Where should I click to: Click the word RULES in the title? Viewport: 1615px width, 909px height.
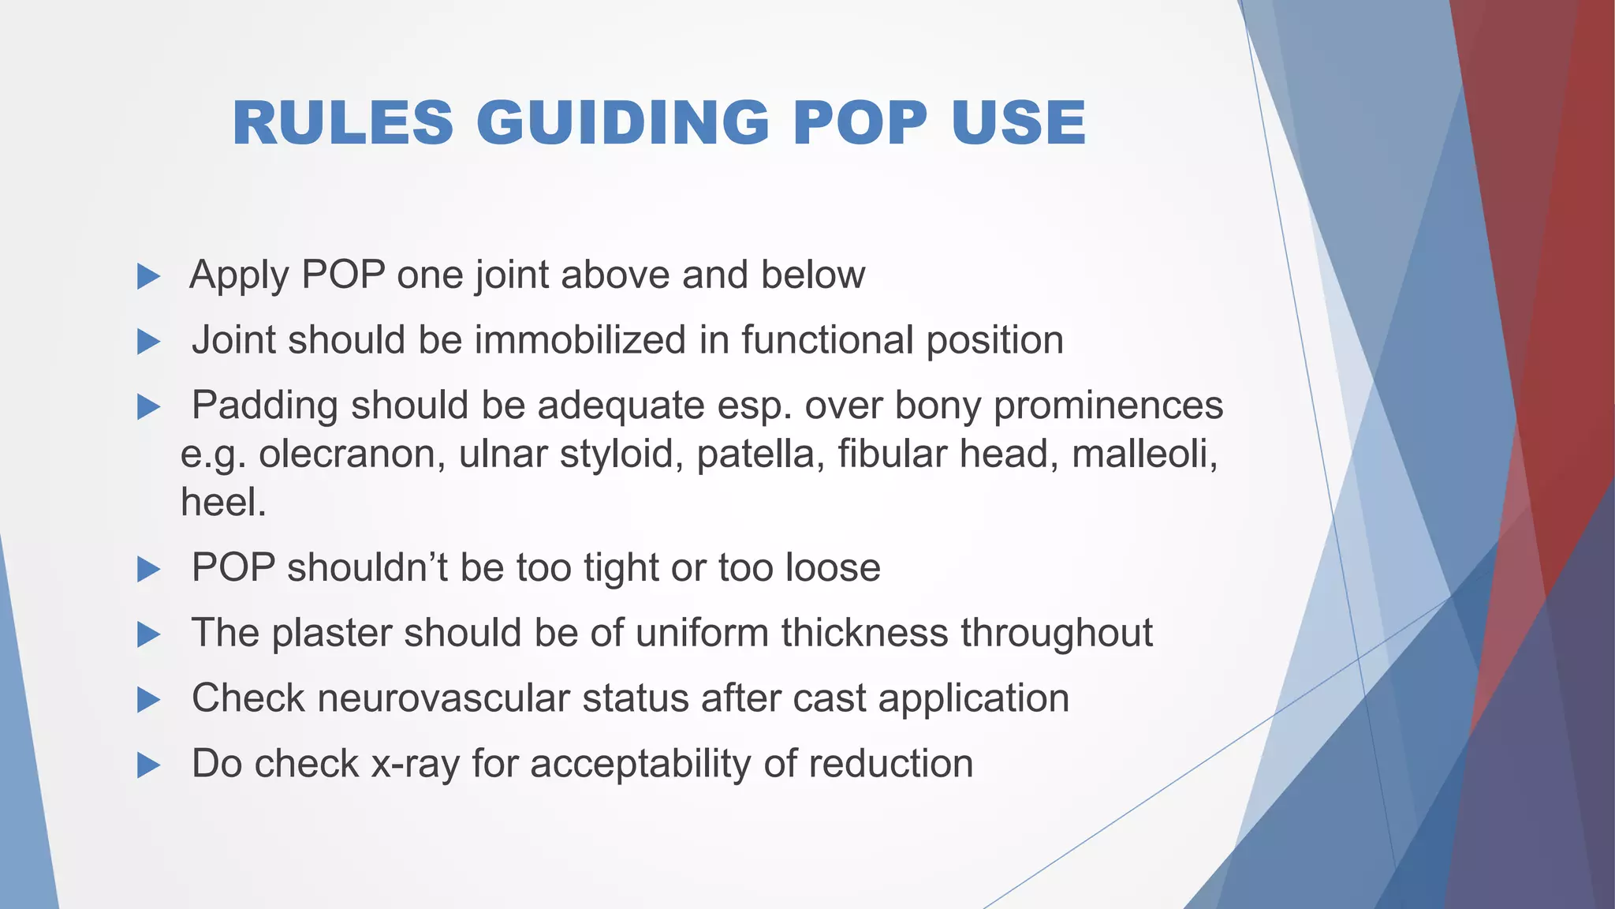pyautogui.click(x=343, y=123)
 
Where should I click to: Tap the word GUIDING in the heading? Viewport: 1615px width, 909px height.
pyautogui.click(x=623, y=123)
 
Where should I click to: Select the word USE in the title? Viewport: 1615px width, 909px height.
pyautogui.click(x=1018, y=123)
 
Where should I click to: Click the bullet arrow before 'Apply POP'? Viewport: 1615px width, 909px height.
pyautogui.click(x=148, y=276)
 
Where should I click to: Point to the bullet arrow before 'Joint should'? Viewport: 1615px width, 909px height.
pyautogui.click(x=148, y=342)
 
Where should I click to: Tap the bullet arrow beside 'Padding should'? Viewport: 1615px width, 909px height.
pyautogui.click(x=148, y=407)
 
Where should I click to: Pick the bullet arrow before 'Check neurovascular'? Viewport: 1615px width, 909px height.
pyautogui.click(x=148, y=699)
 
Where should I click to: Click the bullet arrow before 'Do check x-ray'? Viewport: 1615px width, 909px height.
pyautogui.click(x=148, y=765)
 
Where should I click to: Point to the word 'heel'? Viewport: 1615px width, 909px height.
pyautogui.click(x=219, y=503)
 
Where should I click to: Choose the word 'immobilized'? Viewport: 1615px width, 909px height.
pyautogui.click(x=580, y=341)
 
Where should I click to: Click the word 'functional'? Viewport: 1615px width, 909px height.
pyautogui.click(x=827, y=341)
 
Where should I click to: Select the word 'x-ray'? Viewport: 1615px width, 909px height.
pyautogui.click(x=415, y=765)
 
